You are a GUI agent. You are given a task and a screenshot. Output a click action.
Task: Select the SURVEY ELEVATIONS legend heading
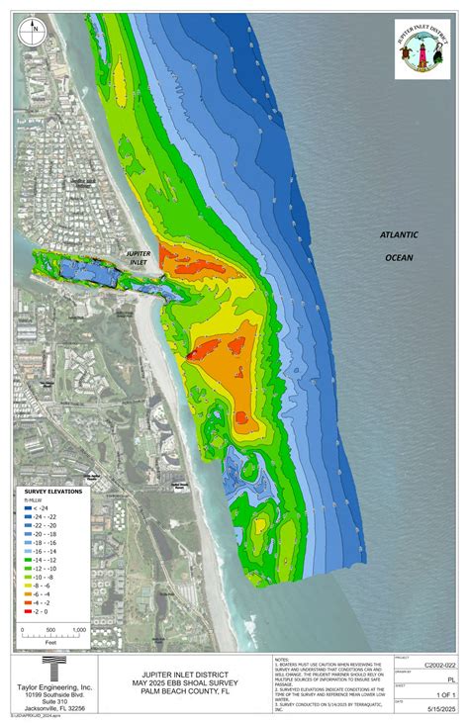[53, 492]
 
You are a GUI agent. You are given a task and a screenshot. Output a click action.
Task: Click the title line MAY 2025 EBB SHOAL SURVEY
[183, 680]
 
